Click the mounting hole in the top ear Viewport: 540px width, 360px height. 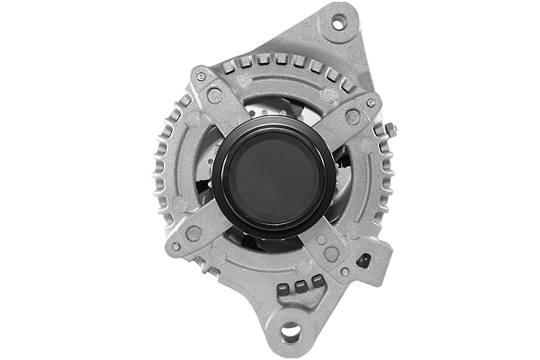[338, 23]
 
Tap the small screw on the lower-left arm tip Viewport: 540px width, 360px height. [175, 246]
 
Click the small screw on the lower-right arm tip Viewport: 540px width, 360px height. [346, 271]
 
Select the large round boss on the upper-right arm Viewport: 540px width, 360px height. [353, 117]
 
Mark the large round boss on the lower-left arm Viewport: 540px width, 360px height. [193, 233]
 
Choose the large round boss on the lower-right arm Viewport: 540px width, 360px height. [331, 255]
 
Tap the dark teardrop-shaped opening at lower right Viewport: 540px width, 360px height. [364, 261]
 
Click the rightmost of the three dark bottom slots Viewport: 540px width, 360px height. [318, 282]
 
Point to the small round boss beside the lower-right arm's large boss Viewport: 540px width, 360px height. [321, 240]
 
